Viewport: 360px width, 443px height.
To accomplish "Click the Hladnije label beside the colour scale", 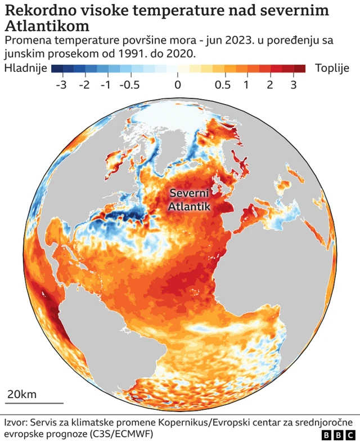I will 24,69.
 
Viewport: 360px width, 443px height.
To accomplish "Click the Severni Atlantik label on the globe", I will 190,200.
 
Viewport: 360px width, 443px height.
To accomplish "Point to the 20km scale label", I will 21,394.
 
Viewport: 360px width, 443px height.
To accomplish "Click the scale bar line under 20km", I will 34,403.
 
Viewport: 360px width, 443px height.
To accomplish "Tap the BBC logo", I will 339,435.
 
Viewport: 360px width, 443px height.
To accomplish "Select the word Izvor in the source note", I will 15,422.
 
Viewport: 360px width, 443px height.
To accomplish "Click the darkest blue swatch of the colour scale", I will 56,69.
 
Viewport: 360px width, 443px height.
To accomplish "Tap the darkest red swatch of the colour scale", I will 300,69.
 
